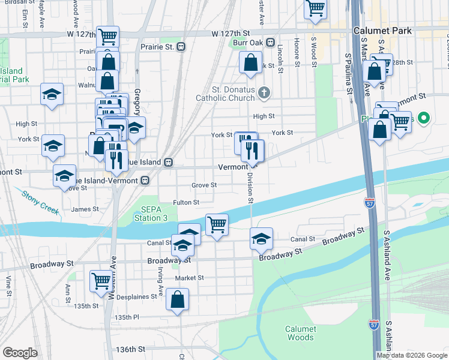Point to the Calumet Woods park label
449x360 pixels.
click(300, 333)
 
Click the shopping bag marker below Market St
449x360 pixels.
click(178, 300)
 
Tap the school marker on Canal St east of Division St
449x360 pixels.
click(261, 239)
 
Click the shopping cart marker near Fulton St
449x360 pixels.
click(217, 225)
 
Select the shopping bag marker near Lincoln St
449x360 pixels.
click(250, 62)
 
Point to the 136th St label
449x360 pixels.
click(131, 349)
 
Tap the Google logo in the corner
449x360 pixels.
click(20, 353)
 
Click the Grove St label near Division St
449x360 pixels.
click(204, 185)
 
